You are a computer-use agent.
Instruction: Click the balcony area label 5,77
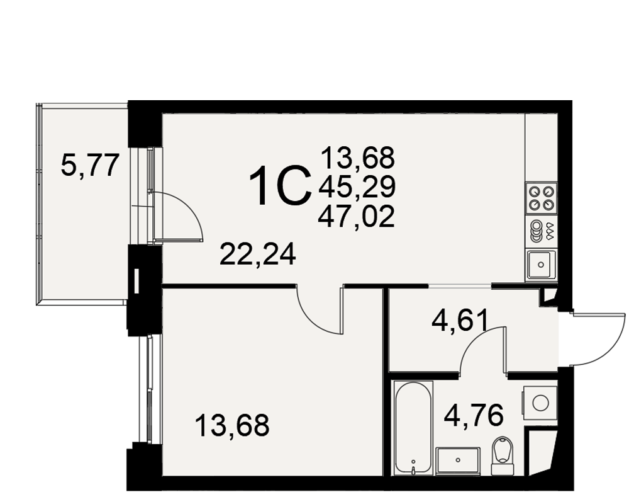[x=90, y=166]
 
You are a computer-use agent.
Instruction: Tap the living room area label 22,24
[x=258, y=254]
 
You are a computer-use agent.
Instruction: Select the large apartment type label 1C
[x=280, y=186]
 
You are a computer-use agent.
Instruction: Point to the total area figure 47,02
[x=356, y=216]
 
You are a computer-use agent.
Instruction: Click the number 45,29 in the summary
[x=357, y=187]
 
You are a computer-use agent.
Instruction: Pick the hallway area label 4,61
[x=460, y=320]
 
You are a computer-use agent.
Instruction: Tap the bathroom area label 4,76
[x=474, y=415]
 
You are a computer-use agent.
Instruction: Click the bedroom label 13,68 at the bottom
[x=232, y=426]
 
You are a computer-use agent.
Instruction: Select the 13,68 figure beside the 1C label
[x=358, y=157]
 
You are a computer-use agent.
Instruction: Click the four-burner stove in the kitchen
[x=541, y=197]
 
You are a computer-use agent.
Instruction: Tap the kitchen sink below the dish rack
[x=541, y=264]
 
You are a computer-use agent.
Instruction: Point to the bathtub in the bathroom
[x=413, y=428]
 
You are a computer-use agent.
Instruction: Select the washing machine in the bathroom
[x=540, y=403]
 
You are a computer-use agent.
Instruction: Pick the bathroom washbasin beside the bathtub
[x=458, y=461]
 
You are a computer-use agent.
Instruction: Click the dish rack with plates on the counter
[x=541, y=231]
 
